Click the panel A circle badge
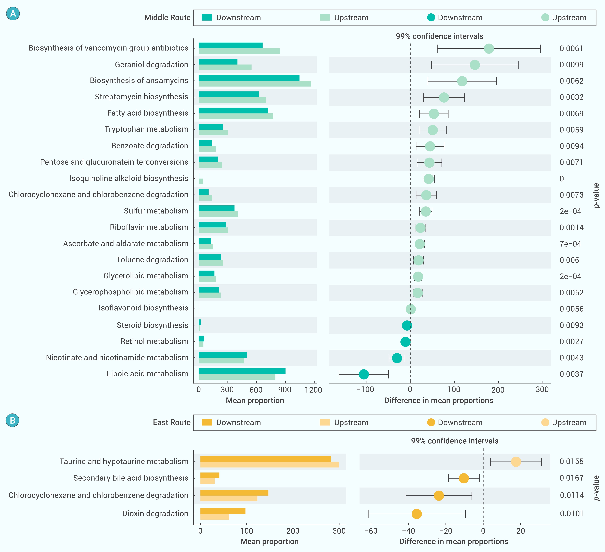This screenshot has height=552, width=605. click(x=13, y=14)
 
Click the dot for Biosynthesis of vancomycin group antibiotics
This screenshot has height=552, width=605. click(x=489, y=48)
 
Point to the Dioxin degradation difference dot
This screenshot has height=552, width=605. click(x=417, y=514)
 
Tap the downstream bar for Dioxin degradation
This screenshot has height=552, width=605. click(x=223, y=511)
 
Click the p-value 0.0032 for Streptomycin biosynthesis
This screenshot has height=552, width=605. click(x=571, y=97)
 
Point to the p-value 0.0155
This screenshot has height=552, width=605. click(x=571, y=461)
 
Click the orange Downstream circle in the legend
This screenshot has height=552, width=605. click(x=431, y=422)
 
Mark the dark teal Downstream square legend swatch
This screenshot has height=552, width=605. click(x=207, y=17)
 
